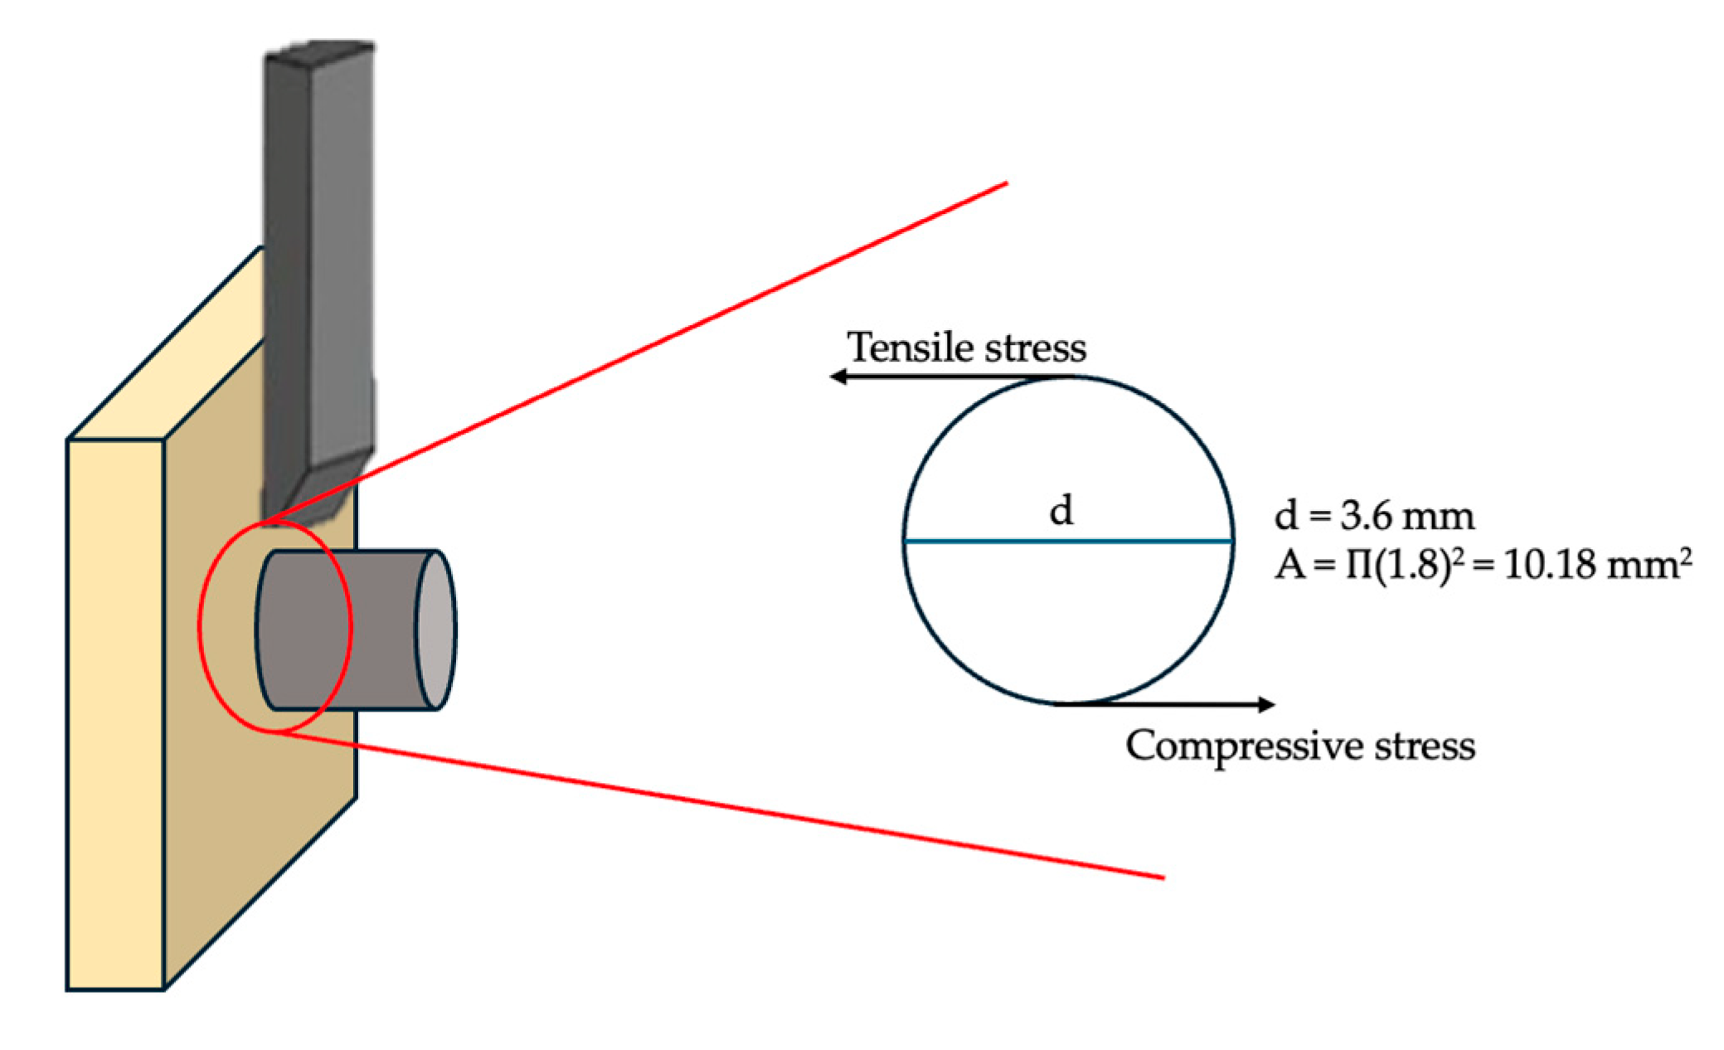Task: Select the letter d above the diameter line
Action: click(1061, 511)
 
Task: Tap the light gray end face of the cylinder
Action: click(435, 630)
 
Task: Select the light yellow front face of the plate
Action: click(115, 713)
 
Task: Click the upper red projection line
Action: click(663, 340)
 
